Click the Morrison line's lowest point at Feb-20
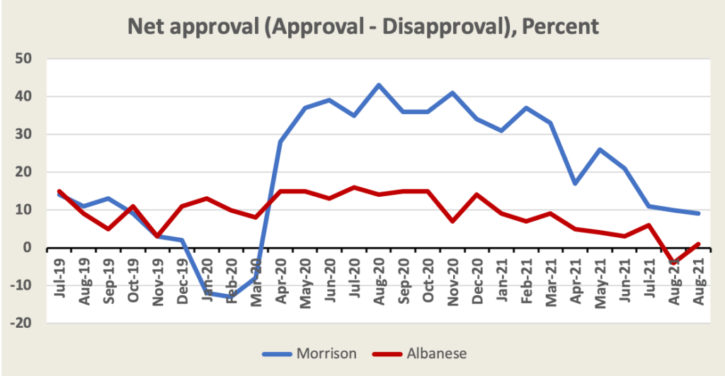(x=232, y=297)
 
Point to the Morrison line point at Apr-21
(x=576, y=183)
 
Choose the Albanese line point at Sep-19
(x=108, y=229)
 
